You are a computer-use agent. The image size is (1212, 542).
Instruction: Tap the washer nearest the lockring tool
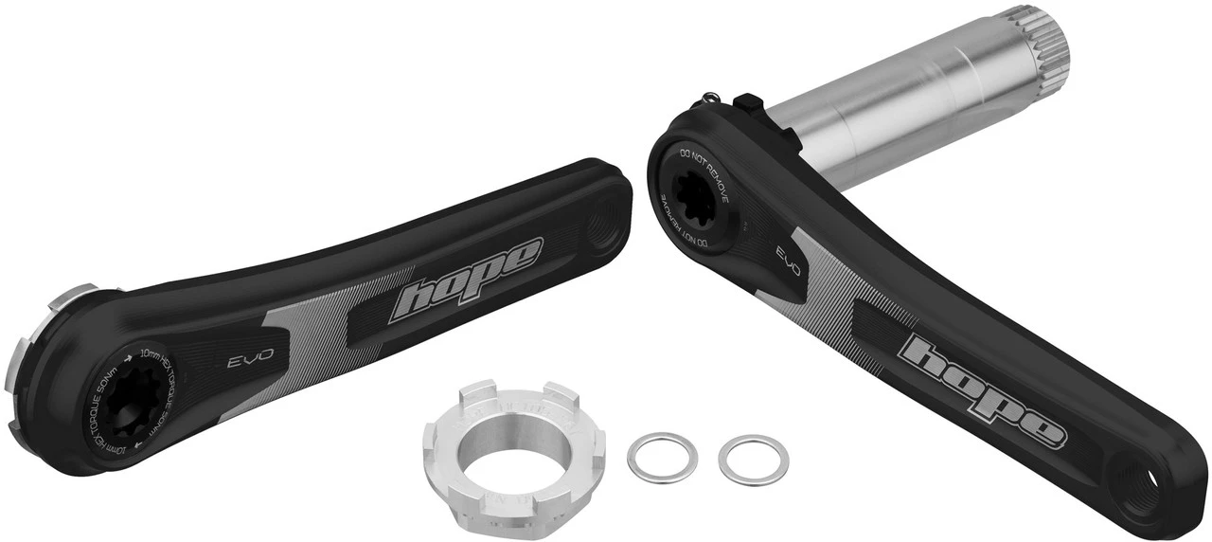(x=662, y=456)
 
